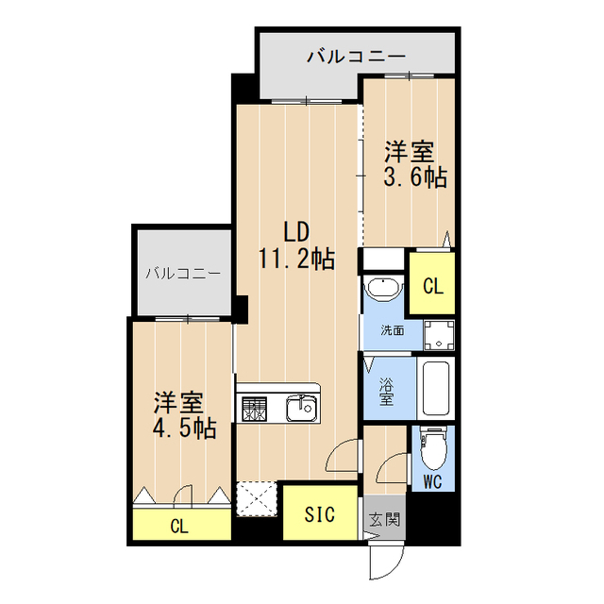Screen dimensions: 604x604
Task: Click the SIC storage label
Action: point(320,514)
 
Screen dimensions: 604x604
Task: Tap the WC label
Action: point(433,484)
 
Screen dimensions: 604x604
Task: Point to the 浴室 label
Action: point(387,392)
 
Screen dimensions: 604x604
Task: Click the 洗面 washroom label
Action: point(393,331)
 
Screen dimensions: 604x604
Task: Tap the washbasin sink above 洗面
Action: point(383,290)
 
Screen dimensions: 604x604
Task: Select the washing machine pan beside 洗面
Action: point(437,332)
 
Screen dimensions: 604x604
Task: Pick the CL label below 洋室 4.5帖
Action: point(178,526)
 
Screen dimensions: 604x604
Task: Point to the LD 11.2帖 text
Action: point(296,246)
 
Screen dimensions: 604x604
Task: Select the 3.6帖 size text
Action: point(414,177)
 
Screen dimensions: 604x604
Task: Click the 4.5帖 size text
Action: point(184,428)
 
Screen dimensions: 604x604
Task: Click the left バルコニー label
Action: point(183,274)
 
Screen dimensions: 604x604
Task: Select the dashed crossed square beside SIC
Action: point(256,498)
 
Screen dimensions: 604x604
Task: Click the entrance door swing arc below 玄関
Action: point(382,562)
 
